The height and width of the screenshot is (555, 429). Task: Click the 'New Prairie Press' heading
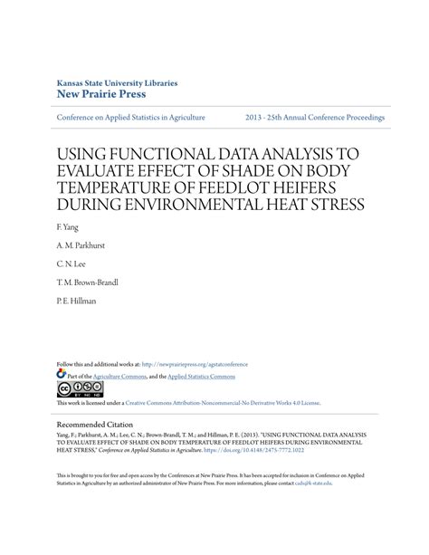[x=100, y=93]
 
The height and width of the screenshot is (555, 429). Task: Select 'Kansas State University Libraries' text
[x=117, y=81]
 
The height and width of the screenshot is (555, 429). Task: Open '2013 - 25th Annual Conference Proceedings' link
[x=314, y=118]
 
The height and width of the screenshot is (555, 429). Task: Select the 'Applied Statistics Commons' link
[x=201, y=376]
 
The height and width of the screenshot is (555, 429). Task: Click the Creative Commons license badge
[x=80, y=389]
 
